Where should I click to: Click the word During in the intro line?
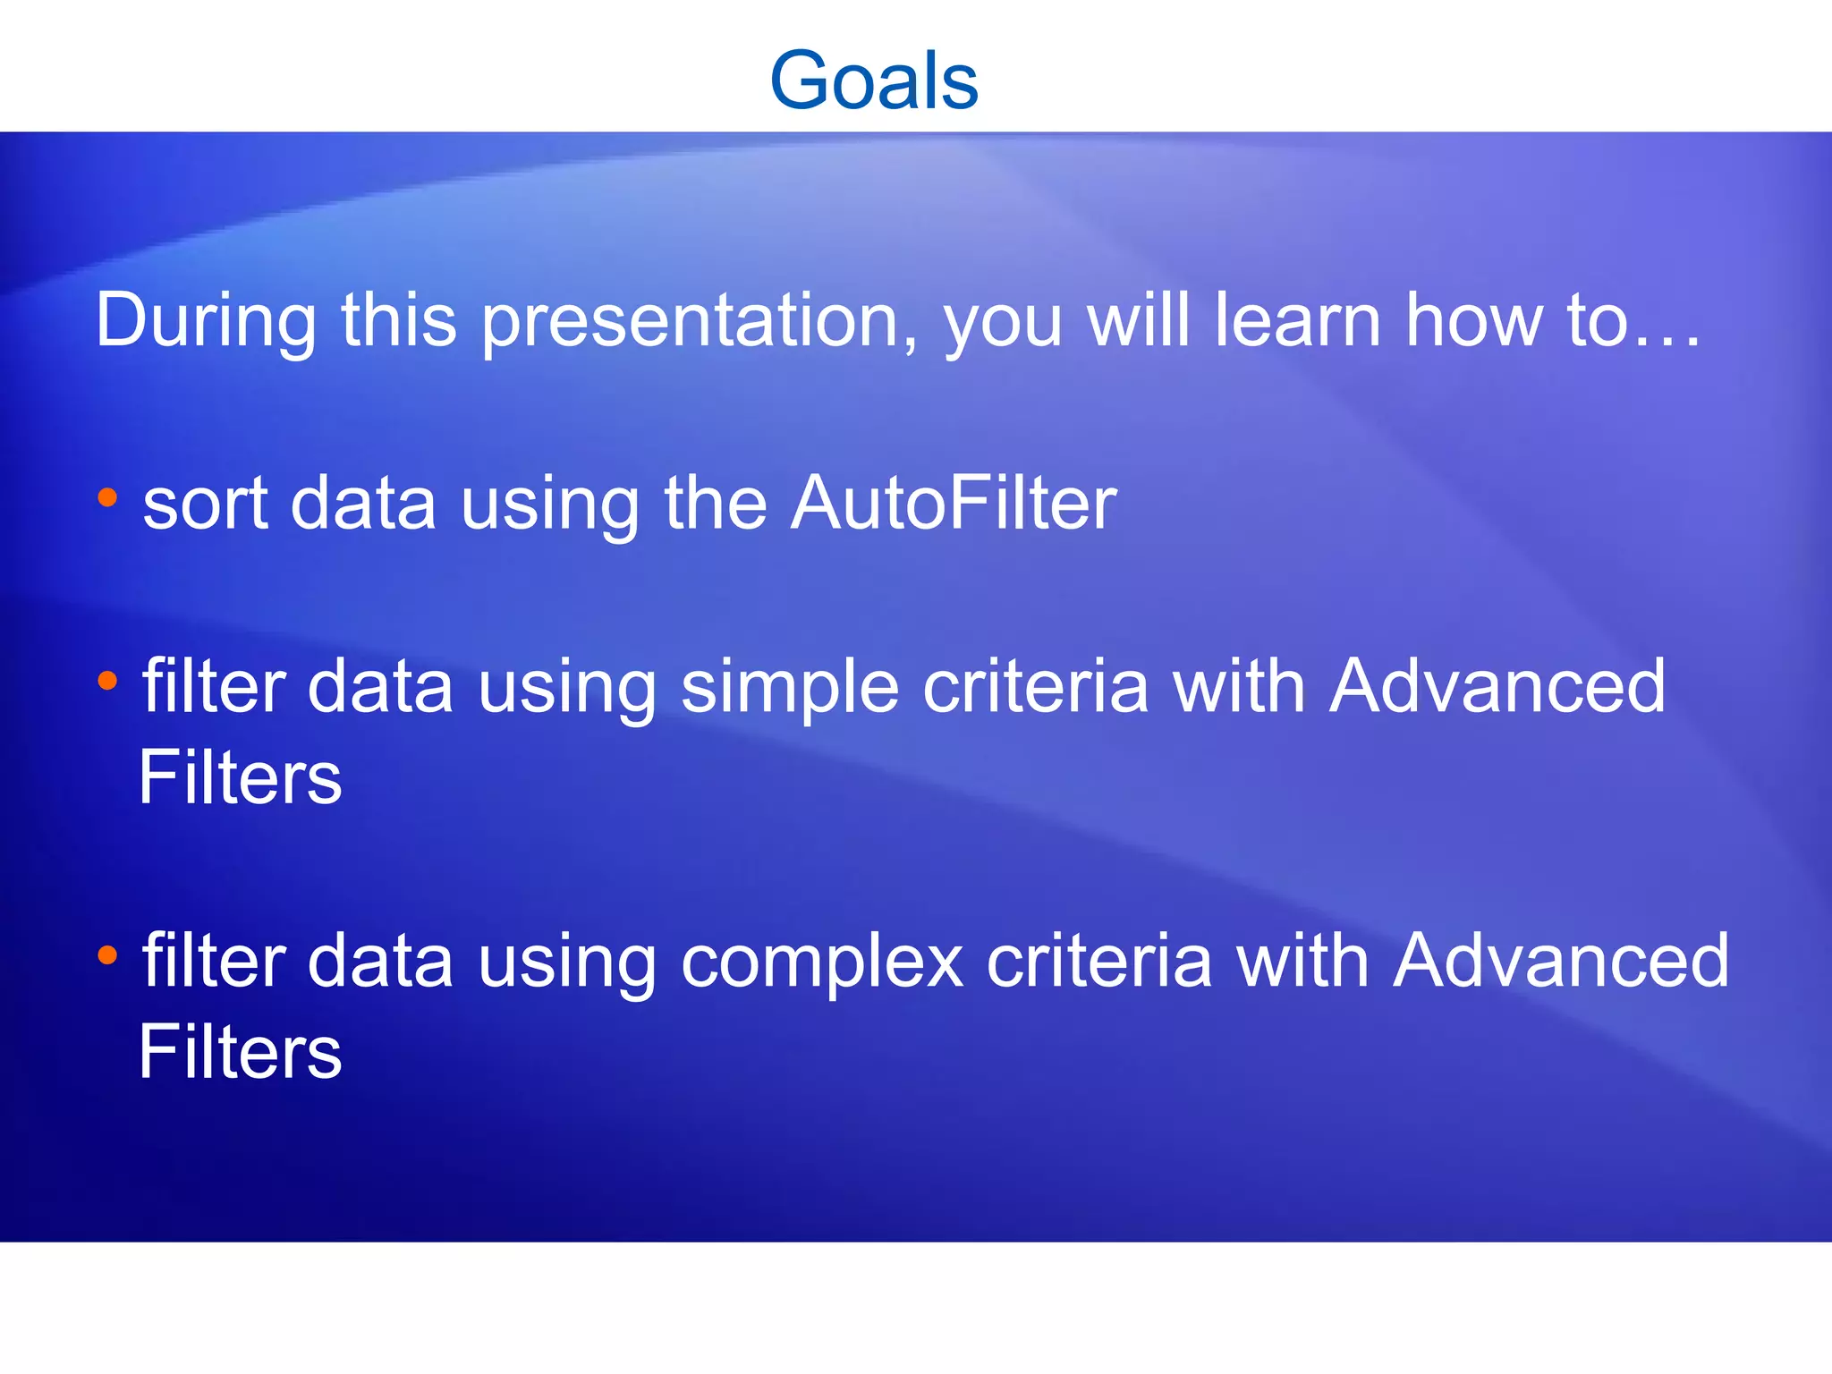206,320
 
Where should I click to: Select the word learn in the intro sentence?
1298,320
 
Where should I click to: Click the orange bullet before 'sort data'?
107,497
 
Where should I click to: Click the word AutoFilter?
954,504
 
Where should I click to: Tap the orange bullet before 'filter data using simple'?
107,682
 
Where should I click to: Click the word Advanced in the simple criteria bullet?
1497,686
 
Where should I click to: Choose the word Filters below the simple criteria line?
240,777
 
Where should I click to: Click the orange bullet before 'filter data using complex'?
107,955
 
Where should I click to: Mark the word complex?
822,963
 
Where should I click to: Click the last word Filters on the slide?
240,1052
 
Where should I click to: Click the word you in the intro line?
1004,325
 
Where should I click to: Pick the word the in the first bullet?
715,504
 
